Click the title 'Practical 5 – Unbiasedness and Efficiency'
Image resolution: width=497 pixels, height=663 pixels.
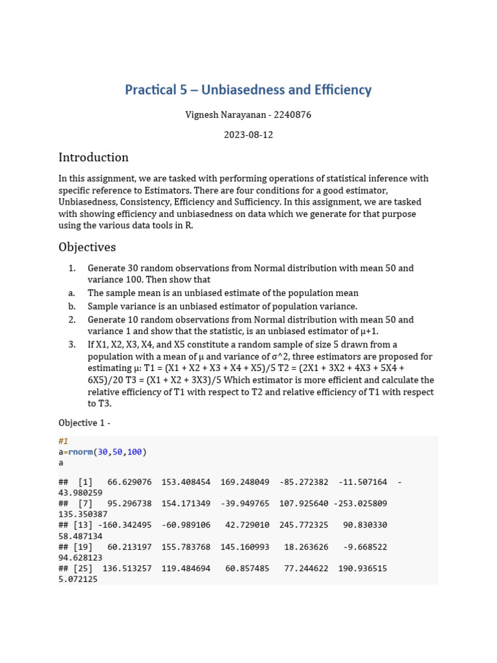click(x=248, y=89)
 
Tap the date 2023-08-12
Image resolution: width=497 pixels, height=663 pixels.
click(x=248, y=135)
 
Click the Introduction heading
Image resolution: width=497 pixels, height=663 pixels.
click(x=93, y=157)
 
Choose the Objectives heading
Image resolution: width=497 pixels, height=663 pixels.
click(x=87, y=247)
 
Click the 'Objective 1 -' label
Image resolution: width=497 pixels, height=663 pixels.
click(x=85, y=423)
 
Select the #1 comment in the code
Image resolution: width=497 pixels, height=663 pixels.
click(x=63, y=441)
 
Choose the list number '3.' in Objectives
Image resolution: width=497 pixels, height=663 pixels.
click(x=72, y=344)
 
